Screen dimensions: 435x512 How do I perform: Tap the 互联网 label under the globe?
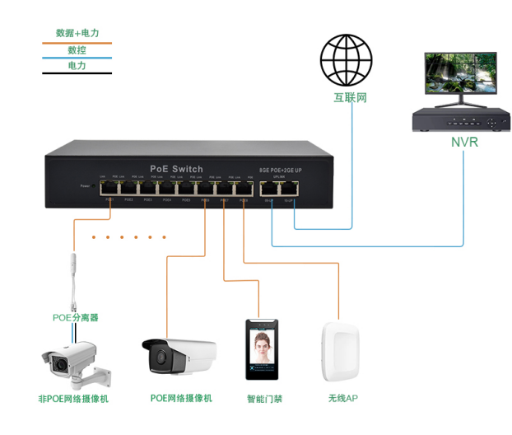(350, 98)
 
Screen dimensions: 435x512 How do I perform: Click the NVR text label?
(463, 142)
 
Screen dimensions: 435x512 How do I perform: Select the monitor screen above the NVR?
(460, 75)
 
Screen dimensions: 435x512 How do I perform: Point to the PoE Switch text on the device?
(176, 169)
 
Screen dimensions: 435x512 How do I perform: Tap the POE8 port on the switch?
(244, 189)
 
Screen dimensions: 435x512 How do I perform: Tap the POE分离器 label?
(76, 317)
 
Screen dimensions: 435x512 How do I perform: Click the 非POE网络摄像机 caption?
(73, 399)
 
